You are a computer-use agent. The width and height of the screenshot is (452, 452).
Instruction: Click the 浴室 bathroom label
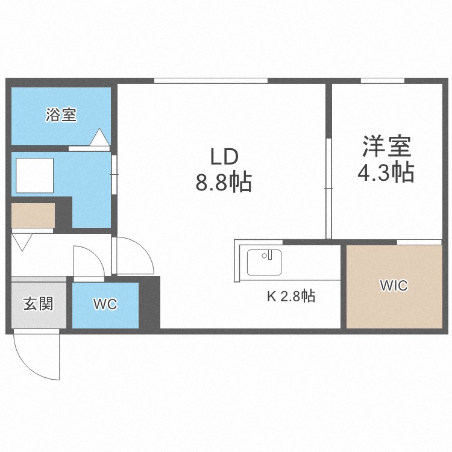(x=61, y=115)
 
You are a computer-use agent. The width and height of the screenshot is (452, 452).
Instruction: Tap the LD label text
(x=224, y=157)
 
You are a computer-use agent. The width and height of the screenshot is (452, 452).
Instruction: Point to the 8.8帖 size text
(x=223, y=182)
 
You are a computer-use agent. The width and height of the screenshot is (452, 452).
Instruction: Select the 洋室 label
(x=386, y=146)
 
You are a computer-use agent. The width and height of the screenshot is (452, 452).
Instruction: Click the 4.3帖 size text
(x=386, y=173)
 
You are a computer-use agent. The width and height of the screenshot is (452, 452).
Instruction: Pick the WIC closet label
(x=393, y=286)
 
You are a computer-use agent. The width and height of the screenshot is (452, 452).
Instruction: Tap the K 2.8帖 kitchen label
(x=291, y=296)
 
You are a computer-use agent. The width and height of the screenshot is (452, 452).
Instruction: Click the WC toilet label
(x=104, y=305)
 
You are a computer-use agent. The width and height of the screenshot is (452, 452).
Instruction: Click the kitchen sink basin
(x=264, y=263)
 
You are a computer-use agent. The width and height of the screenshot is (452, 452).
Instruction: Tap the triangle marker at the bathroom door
(x=98, y=138)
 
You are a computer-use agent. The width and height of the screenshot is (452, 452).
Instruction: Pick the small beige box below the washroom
(x=33, y=216)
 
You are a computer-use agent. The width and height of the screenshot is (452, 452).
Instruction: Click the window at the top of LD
(x=210, y=81)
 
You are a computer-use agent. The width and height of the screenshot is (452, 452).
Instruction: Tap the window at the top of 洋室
(x=382, y=81)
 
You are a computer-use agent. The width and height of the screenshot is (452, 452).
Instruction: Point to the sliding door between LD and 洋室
(x=329, y=188)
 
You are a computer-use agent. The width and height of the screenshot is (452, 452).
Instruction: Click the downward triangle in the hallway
(x=23, y=243)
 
